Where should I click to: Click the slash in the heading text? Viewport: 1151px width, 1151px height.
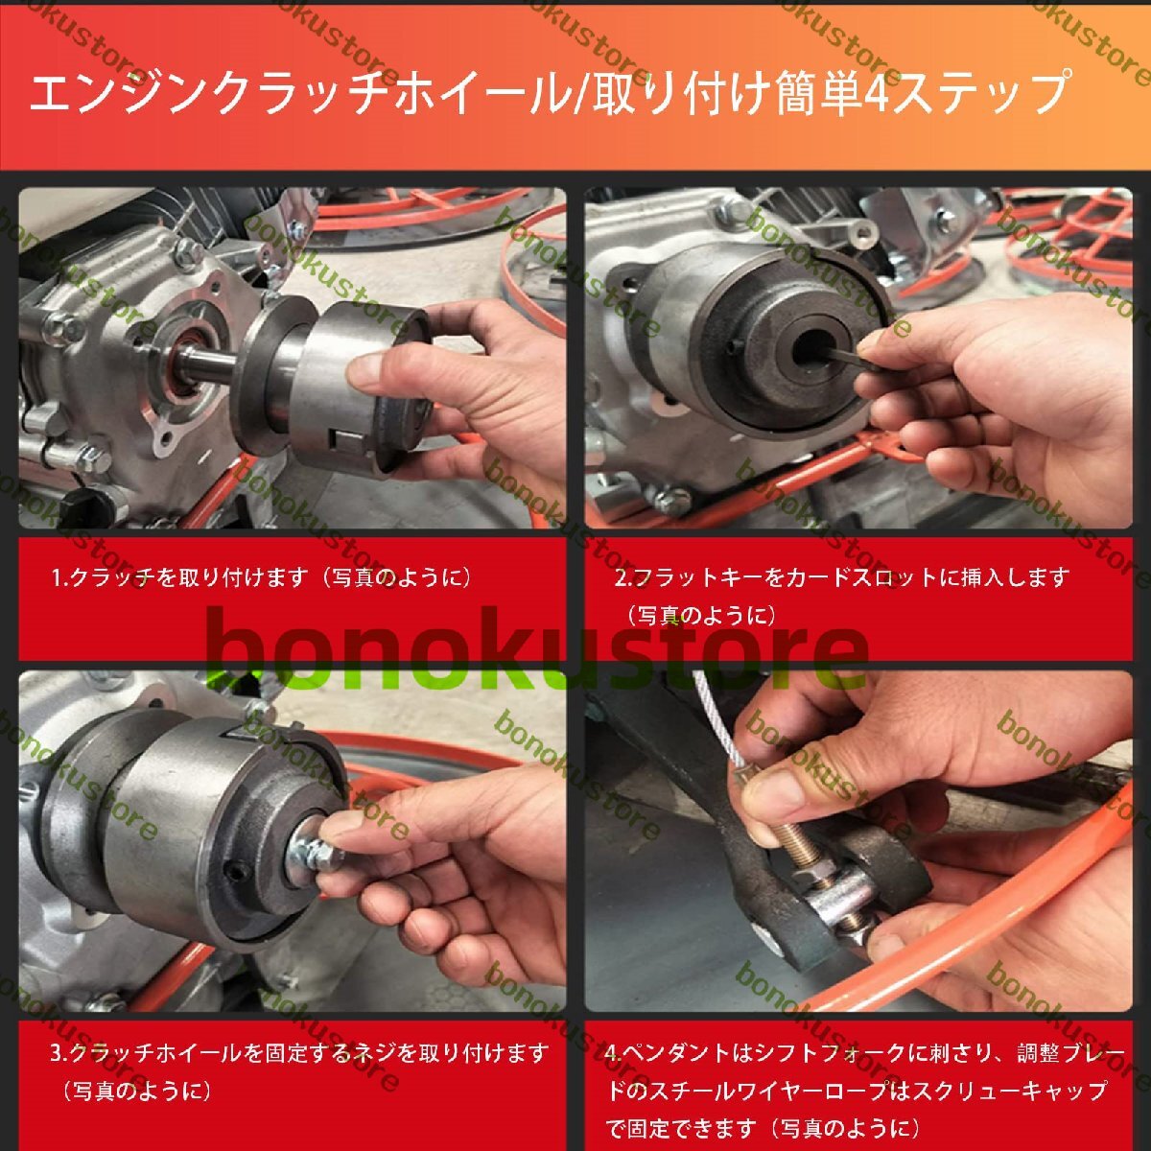[578, 94]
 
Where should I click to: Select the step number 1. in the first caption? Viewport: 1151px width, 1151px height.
[60, 577]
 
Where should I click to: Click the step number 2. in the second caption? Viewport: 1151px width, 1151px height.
[623, 577]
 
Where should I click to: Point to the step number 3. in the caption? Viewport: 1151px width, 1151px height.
[59, 1053]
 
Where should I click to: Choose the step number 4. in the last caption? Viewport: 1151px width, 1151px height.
[614, 1052]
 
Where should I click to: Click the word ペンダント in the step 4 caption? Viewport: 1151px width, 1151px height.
[679, 1052]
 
